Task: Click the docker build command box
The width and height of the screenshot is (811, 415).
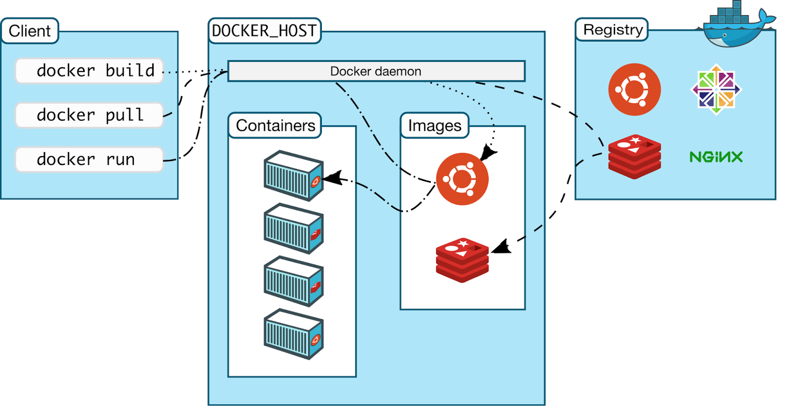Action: click(89, 70)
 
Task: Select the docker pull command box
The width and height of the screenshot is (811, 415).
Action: click(89, 115)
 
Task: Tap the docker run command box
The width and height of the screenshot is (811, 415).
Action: click(89, 159)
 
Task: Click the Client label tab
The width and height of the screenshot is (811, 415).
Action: click(30, 31)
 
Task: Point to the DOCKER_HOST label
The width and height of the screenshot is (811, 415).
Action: click(265, 31)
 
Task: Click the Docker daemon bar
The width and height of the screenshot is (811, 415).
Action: click(376, 71)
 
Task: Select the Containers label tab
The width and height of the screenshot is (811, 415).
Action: click(275, 125)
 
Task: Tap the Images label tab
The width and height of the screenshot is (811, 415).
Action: click(434, 125)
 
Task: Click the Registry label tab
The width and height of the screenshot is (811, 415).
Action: click(612, 30)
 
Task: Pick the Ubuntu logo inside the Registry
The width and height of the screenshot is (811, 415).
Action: click(634, 90)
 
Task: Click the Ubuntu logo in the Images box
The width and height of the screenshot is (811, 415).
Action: click(462, 179)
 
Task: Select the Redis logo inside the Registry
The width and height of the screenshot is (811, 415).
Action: click(634, 157)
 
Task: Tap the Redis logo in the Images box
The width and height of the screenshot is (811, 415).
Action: click(462, 260)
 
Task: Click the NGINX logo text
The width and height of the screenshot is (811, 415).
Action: click(716, 157)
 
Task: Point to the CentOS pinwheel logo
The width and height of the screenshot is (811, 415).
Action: click(716, 90)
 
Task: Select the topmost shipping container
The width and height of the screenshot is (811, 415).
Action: click(293, 175)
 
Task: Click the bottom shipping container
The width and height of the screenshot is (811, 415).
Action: click(293, 334)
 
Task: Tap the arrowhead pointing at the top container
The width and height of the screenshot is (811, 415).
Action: click(332, 178)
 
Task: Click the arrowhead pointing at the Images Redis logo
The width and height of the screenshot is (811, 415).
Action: click(501, 247)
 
